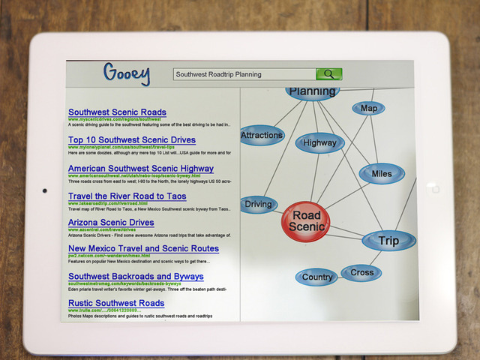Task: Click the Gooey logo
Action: click(x=126, y=74)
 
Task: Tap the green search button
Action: click(x=328, y=74)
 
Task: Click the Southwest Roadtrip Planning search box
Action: click(x=244, y=74)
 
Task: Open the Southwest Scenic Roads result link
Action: click(x=117, y=112)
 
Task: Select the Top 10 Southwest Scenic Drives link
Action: click(x=132, y=139)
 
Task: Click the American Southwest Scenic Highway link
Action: click(x=141, y=169)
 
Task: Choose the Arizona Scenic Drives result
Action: click(x=111, y=223)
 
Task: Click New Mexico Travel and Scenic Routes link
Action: click(x=143, y=248)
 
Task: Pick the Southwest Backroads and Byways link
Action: click(x=136, y=277)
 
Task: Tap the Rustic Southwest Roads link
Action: click(x=116, y=303)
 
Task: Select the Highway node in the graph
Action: click(x=320, y=142)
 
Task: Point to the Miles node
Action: click(x=381, y=174)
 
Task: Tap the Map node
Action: click(x=368, y=109)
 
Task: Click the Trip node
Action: click(x=388, y=241)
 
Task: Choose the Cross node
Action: click(x=361, y=272)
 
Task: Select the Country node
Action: click(x=317, y=277)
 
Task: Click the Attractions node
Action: click(x=262, y=136)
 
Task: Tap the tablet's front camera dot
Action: click(x=45, y=190)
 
